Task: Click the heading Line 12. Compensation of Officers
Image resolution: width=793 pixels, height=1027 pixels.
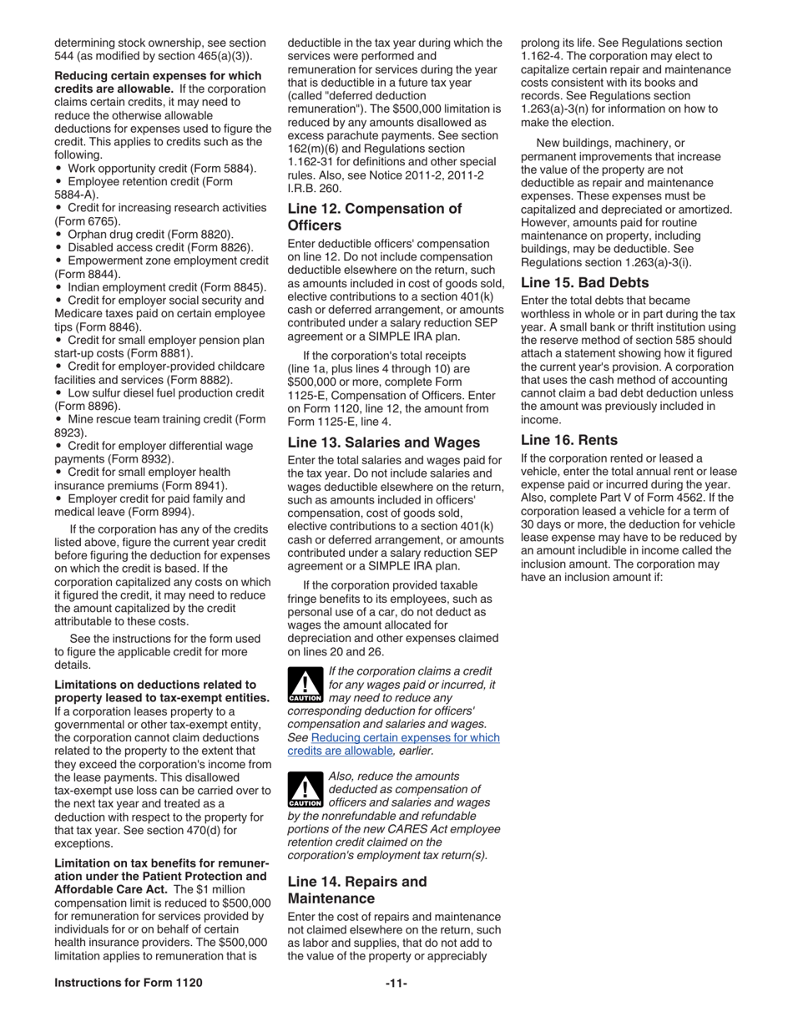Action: click(x=374, y=217)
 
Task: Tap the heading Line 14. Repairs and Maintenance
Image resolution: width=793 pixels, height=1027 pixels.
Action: click(x=356, y=890)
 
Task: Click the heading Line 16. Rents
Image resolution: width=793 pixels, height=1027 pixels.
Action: click(x=569, y=440)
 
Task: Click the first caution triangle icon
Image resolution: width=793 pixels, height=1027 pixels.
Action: click(x=305, y=685)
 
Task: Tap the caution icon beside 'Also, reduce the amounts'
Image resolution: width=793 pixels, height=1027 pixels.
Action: click(x=305, y=790)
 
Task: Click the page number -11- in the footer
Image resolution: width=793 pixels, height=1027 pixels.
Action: click(x=396, y=984)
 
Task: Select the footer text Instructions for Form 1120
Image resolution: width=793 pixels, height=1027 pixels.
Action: click(x=129, y=984)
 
